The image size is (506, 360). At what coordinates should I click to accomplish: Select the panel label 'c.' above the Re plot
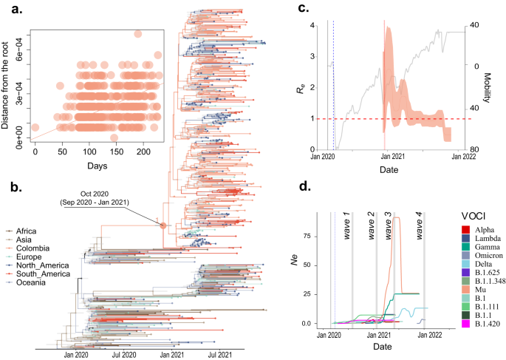(302, 9)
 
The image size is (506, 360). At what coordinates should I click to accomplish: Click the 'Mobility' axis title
(488, 86)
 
